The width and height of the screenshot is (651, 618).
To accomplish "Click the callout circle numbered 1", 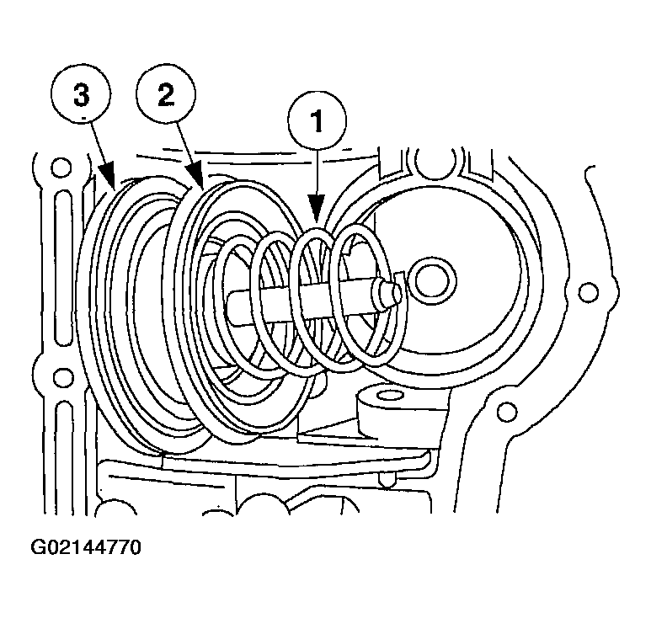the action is pos(317,121).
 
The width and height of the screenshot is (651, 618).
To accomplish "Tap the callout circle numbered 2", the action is pos(166,94).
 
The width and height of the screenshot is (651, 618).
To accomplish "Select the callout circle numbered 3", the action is pos(82,94).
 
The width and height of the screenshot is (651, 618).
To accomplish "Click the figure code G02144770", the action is pos(86,547).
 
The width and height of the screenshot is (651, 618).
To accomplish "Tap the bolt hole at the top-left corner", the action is pos(61,168).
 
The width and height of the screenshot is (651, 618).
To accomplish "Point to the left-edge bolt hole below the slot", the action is pos(61,376).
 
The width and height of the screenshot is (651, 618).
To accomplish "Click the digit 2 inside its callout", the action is pos(166,94).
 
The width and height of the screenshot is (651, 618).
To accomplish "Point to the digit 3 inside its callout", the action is pos(82,94).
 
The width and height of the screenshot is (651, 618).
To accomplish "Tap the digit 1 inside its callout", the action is pos(317,121).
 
